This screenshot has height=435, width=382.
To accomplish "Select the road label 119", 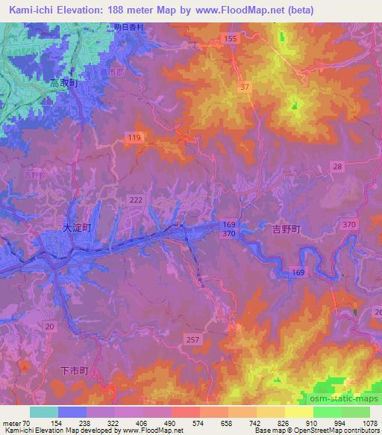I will (134, 138).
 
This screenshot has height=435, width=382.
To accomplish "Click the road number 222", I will (136, 200).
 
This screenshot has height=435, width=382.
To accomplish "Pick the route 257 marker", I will (192, 339).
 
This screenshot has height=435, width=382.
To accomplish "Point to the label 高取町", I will (63, 84).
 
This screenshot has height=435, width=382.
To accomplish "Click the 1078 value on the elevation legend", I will (369, 422).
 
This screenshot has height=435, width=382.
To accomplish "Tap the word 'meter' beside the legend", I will (10, 422).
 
